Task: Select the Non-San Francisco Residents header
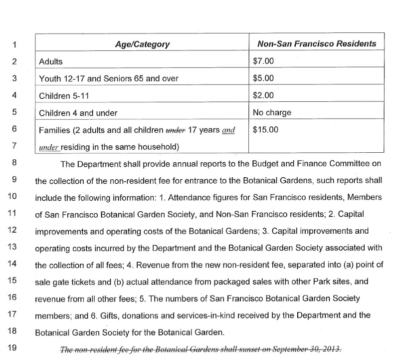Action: click(x=317, y=44)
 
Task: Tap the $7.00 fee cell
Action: click(x=263, y=62)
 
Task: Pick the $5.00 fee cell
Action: click(x=263, y=78)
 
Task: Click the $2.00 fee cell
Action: click(x=263, y=95)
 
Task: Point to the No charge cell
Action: click(x=272, y=112)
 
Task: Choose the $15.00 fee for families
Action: click(x=265, y=129)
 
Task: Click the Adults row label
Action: click(x=51, y=62)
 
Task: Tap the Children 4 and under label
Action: click(x=78, y=113)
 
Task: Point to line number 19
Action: click(x=14, y=350)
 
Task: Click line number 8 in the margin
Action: click(x=14, y=163)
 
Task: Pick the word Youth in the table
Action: click(x=50, y=79)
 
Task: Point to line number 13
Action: click(x=14, y=248)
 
